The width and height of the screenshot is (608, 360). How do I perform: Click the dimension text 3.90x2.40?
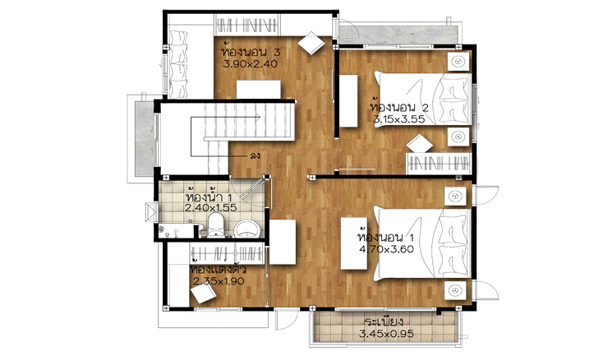click(250, 64)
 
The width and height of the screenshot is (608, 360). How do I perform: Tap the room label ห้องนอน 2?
click(399, 107)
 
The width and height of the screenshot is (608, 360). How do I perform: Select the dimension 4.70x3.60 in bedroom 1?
click(386, 249)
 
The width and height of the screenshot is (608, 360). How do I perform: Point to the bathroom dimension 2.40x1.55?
click(211, 207)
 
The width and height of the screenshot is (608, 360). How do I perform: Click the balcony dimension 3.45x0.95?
click(386, 334)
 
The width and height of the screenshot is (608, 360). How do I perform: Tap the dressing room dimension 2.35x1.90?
click(219, 281)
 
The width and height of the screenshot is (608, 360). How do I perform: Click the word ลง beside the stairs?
click(255, 156)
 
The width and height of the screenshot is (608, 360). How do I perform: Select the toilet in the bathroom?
click(215, 225)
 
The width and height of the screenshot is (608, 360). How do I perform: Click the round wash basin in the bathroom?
click(246, 229)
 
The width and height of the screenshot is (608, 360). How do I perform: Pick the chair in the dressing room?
click(204, 295)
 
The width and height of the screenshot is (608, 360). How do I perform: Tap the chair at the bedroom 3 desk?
click(311, 43)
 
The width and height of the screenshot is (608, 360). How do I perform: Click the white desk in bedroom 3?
click(259, 90)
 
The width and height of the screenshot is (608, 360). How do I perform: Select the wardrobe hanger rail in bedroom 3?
click(247, 26)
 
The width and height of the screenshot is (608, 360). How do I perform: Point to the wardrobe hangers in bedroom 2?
click(439, 164)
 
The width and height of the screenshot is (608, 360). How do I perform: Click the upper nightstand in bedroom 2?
click(459, 61)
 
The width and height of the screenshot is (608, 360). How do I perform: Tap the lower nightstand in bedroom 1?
click(455, 290)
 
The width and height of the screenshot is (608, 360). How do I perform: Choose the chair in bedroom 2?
click(420, 143)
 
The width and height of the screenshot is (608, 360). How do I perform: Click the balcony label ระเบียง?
click(384, 322)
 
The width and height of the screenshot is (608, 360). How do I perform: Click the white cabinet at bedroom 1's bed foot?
click(354, 244)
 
